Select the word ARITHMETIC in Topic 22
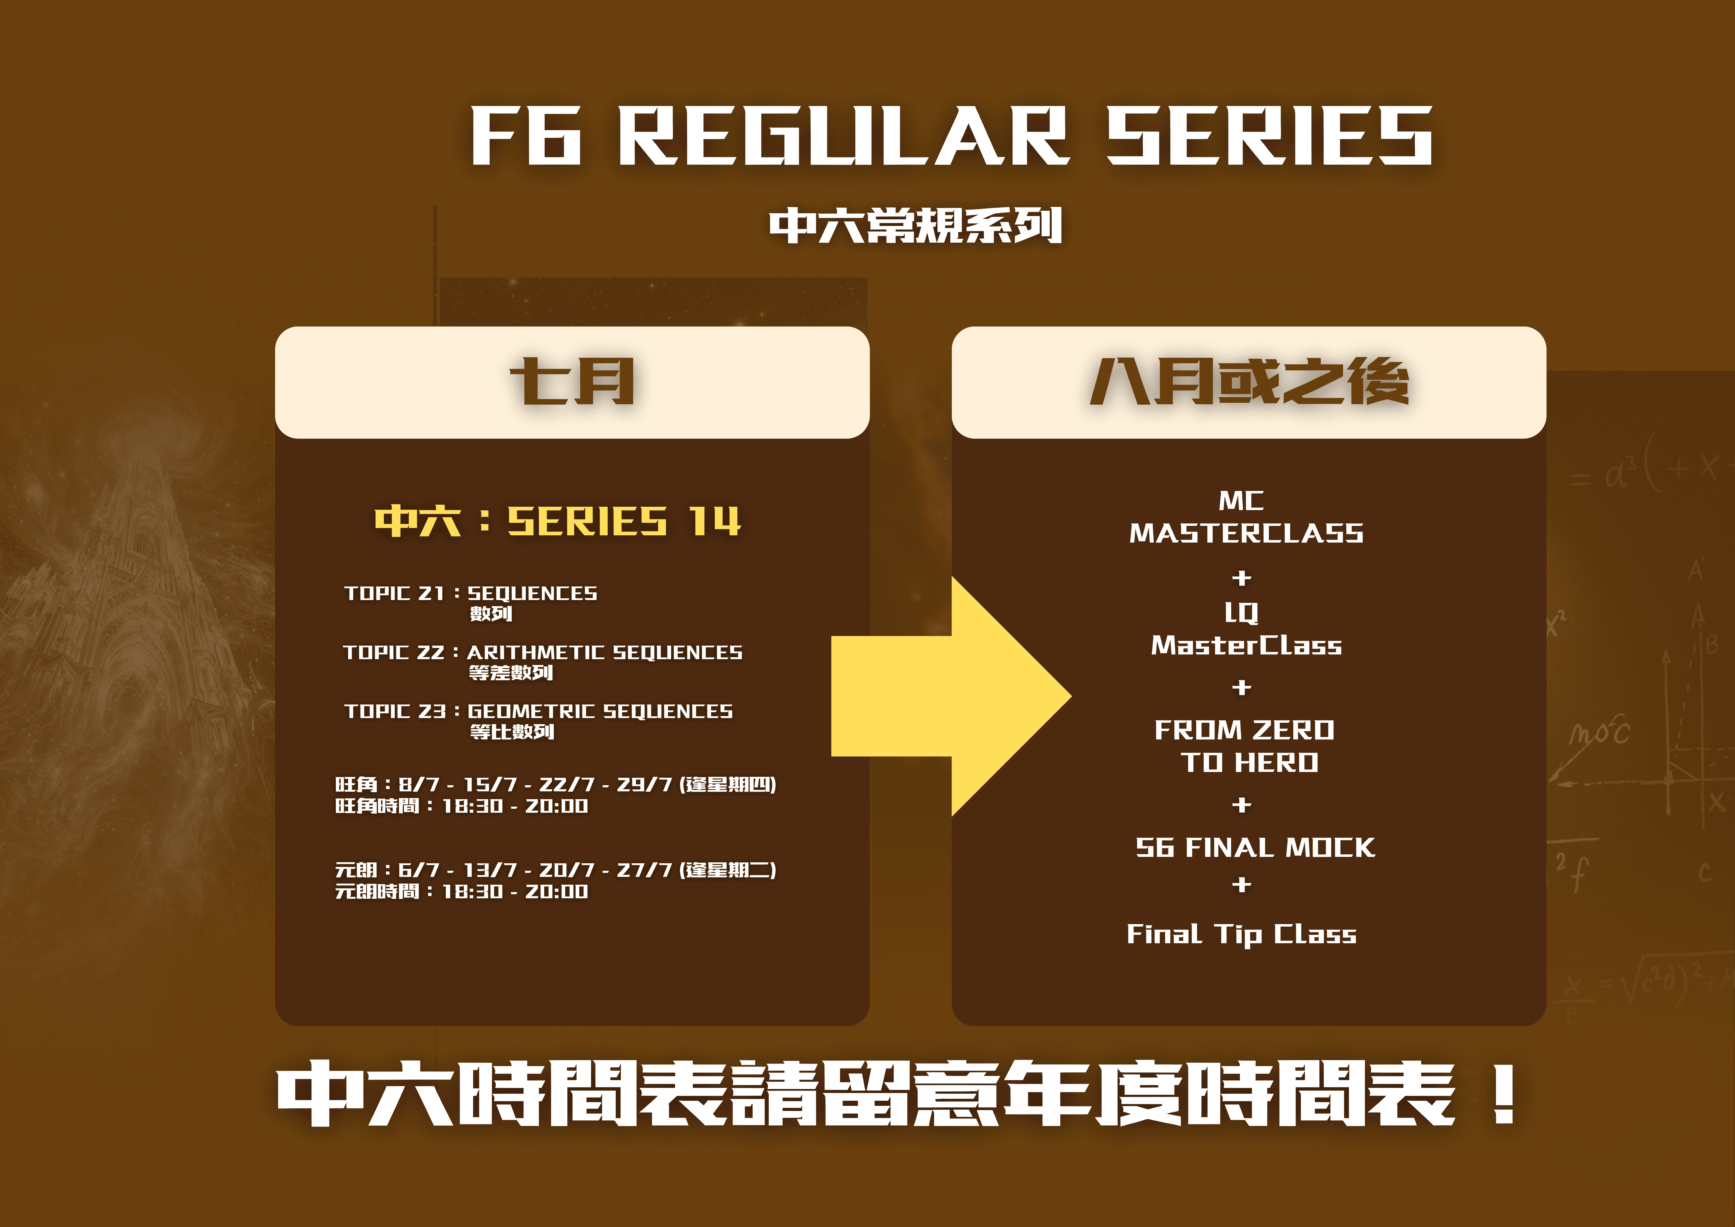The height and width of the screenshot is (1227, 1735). [x=535, y=653]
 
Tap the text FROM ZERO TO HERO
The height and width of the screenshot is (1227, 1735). [x=1244, y=746]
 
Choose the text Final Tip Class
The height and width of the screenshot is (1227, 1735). [x=1241, y=934]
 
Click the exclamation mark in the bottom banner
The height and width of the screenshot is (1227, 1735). [x=1504, y=1093]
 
